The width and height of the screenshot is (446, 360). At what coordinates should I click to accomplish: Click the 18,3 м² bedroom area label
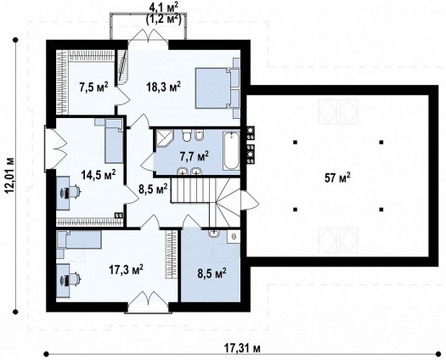164,87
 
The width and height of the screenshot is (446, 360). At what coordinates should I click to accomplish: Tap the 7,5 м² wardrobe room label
93,87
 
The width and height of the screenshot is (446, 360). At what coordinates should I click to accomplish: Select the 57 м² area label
337,178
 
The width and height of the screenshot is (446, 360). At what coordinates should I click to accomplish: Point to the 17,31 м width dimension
242,347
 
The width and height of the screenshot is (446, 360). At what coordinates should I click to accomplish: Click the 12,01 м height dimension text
10,175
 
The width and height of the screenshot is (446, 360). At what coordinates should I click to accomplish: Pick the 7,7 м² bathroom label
195,156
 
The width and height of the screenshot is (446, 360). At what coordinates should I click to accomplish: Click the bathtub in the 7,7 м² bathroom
231,151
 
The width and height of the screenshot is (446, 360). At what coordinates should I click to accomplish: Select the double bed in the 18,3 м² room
217,87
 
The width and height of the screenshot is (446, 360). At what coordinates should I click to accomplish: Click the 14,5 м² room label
99,175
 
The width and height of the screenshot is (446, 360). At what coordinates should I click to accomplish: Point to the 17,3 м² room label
126,270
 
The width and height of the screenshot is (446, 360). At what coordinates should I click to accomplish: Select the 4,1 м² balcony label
164,8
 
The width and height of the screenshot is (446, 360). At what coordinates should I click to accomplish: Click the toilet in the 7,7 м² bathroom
187,136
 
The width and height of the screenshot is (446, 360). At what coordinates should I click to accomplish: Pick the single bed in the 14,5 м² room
113,141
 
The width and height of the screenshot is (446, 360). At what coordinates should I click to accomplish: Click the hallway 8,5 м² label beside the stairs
153,189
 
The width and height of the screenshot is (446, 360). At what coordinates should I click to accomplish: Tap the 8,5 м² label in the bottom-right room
212,273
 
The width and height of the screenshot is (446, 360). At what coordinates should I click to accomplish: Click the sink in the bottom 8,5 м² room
213,233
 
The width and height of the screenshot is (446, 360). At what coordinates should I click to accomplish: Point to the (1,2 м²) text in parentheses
164,19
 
